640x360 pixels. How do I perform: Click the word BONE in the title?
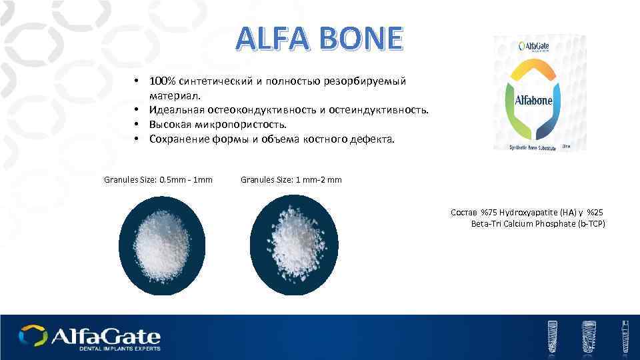pos(359,39)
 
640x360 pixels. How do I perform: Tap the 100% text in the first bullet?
pos(162,81)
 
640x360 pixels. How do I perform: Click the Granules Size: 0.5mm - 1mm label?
pos(159,179)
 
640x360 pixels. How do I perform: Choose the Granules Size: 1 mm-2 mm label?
pos(291,179)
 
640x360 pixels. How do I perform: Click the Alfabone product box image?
pos(541,94)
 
